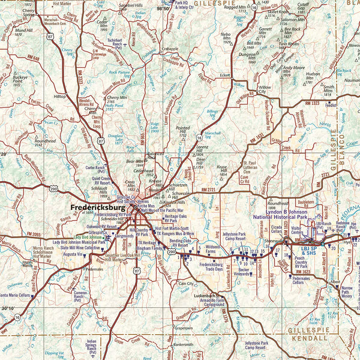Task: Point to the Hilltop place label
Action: pos(60,96)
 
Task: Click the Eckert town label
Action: pos(225,75)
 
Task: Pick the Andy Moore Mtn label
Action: pos(293,70)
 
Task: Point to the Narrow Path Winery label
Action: pos(347,292)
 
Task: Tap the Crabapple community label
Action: pos(170,49)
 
